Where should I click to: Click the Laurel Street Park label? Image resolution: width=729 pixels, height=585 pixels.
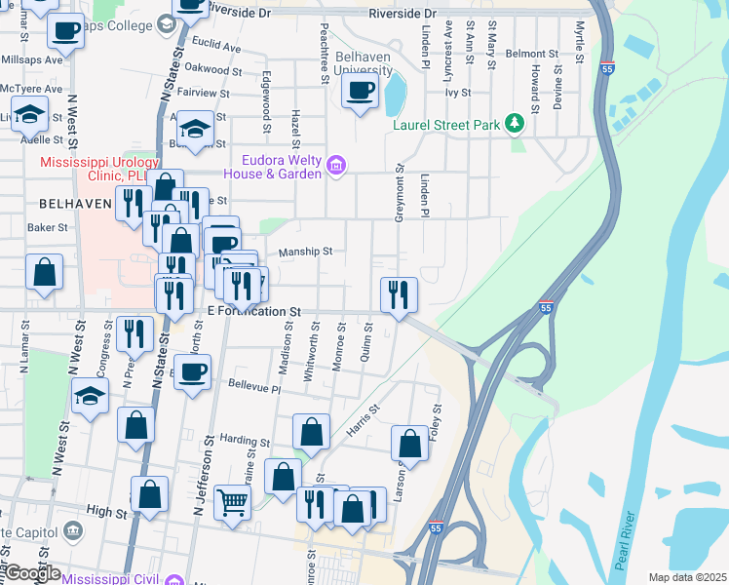point(445,125)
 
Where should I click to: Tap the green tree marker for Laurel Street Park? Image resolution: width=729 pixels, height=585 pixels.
point(515,124)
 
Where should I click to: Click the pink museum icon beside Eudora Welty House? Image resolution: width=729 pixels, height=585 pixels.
point(336,166)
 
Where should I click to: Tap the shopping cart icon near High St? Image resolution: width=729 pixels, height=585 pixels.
point(233,503)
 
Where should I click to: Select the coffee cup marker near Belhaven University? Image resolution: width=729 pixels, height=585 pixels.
point(360,93)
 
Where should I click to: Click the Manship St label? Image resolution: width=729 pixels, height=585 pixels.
point(305,252)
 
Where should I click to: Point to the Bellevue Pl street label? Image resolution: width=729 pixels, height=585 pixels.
point(253,388)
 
